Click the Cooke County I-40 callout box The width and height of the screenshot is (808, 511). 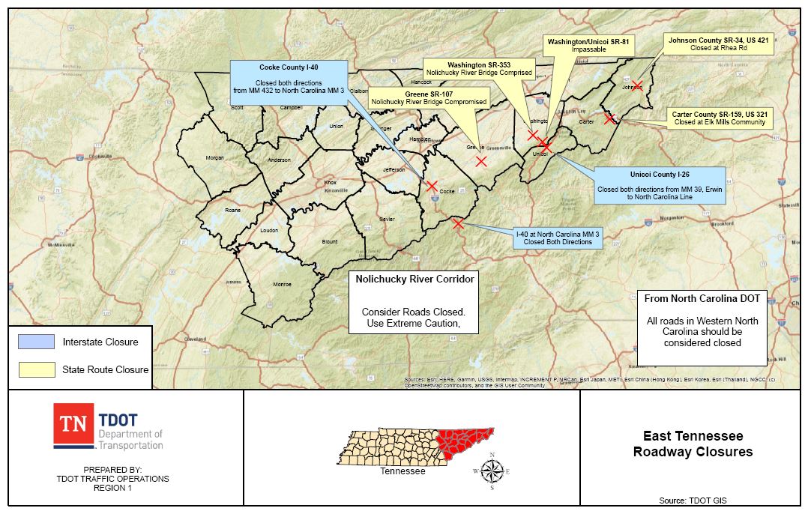point(289,79)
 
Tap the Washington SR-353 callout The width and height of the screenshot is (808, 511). point(479,69)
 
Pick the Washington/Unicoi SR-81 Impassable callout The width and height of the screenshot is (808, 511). point(588,45)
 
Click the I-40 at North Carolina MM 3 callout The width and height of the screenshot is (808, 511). point(558,238)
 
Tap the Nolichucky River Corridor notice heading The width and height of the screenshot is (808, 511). point(414,279)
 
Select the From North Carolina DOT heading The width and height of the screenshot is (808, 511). point(702,298)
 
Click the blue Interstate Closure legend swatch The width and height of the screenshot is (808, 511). point(36,342)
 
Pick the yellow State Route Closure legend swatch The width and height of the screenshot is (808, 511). point(36,369)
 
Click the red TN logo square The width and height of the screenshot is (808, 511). point(73,425)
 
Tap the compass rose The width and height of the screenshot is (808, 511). point(492,471)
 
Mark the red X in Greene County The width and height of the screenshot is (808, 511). point(481,161)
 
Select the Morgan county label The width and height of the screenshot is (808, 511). point(215,158)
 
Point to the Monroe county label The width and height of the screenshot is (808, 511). point(282,285)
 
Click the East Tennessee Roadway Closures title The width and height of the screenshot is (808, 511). point(693,444)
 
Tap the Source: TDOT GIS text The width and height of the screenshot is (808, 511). point(692,500)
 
